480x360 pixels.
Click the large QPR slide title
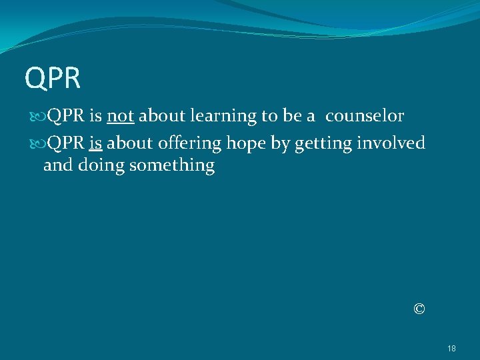(x=53, y=77)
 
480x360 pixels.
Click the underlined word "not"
(x=121, y=116)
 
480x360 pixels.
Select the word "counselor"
(x=365, y=116)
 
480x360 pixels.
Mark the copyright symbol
(x=419, y=309)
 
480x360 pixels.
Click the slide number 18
(x=451, y=348)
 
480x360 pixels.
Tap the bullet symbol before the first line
(x=36, y=117)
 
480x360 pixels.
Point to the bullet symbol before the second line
(x=36, y=144)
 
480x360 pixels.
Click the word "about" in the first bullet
(x=162, y=116)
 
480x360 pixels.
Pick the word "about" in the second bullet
(x=129, y=143)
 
